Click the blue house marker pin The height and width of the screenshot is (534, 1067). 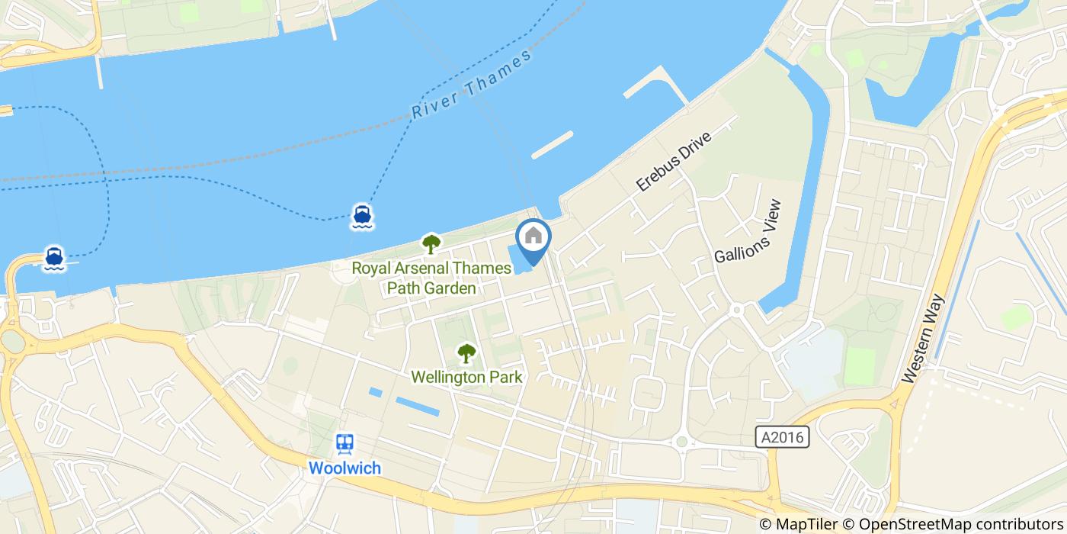coord(533,239)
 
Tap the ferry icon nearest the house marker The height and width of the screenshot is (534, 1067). coord(362,216)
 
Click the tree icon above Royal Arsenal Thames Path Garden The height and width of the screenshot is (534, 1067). coord(431,244)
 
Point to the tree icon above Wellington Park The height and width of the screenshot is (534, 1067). coord(466,353)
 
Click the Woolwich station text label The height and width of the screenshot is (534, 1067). coord(344,467)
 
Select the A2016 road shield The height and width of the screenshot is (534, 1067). coord(783,437)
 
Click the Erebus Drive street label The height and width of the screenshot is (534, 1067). coord(674,161)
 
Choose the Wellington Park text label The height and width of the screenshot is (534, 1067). coord(466,377)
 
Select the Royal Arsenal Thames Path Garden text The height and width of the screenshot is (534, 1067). coord(431,278)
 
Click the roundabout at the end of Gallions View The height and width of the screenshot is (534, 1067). coord(737,310)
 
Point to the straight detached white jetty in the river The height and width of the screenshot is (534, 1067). coord(553,144)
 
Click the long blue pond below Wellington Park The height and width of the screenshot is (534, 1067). coord(417,407)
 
